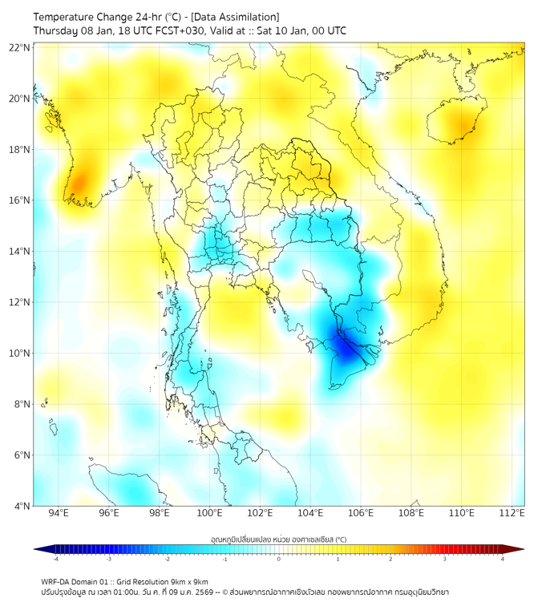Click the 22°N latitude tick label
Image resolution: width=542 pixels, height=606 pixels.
pos(20,47)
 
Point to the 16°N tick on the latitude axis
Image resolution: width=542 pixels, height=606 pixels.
pos(20,200)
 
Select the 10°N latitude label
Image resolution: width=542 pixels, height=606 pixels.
pos(20,353)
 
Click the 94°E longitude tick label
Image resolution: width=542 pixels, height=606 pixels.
pos(59,514)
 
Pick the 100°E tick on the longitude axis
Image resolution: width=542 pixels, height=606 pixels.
pos(210,514)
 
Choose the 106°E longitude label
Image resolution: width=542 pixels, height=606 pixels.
pos(361,514)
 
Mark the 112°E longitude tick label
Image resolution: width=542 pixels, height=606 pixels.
pos(512,514)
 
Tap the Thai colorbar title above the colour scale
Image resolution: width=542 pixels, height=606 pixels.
pos(278,539)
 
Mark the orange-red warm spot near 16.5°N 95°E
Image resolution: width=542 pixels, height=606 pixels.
pos(78,185)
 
